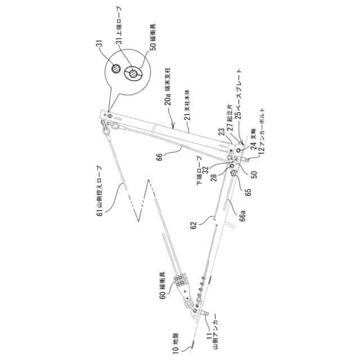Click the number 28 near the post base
tap(217, 178)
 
